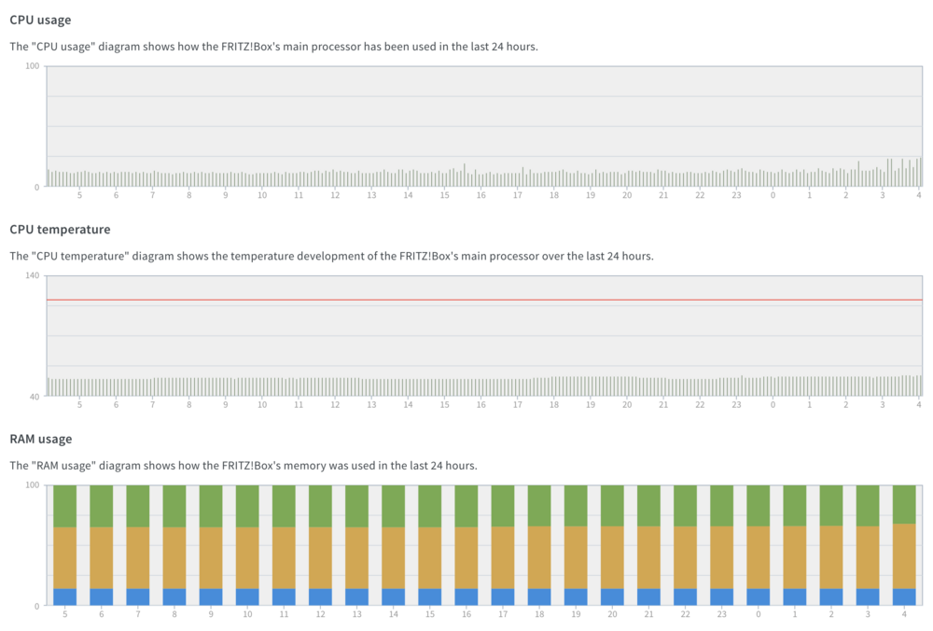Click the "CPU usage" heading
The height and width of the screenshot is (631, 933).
point(40,20)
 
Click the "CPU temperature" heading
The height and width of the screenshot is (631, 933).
point(60,230)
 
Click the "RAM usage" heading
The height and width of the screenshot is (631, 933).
point(41,439)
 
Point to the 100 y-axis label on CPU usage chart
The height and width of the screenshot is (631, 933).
point(32,66)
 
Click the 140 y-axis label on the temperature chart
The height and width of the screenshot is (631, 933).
point(32,275)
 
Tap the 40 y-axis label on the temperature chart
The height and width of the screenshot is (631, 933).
point(35,397)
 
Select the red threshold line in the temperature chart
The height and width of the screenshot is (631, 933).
point(484,300)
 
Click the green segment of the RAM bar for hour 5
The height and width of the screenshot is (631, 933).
point(65,506)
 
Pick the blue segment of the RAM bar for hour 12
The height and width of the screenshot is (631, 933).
point(320,597)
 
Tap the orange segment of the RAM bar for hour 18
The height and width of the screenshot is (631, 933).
point(539,557)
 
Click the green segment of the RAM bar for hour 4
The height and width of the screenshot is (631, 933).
point(904,504)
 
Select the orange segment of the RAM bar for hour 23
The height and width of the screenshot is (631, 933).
point(722,557)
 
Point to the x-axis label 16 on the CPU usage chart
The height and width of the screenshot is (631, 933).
point(480,195)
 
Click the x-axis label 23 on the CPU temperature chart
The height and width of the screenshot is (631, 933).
point(737,405)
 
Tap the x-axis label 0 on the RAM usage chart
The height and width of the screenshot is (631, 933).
point(758,614)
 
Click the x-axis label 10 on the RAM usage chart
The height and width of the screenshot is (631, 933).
point(247,614)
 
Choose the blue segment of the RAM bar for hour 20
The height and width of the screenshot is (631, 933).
point(612,597)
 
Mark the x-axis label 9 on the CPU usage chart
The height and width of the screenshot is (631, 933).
point(226,195)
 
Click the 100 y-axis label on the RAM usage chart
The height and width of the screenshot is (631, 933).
point(32,485)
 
